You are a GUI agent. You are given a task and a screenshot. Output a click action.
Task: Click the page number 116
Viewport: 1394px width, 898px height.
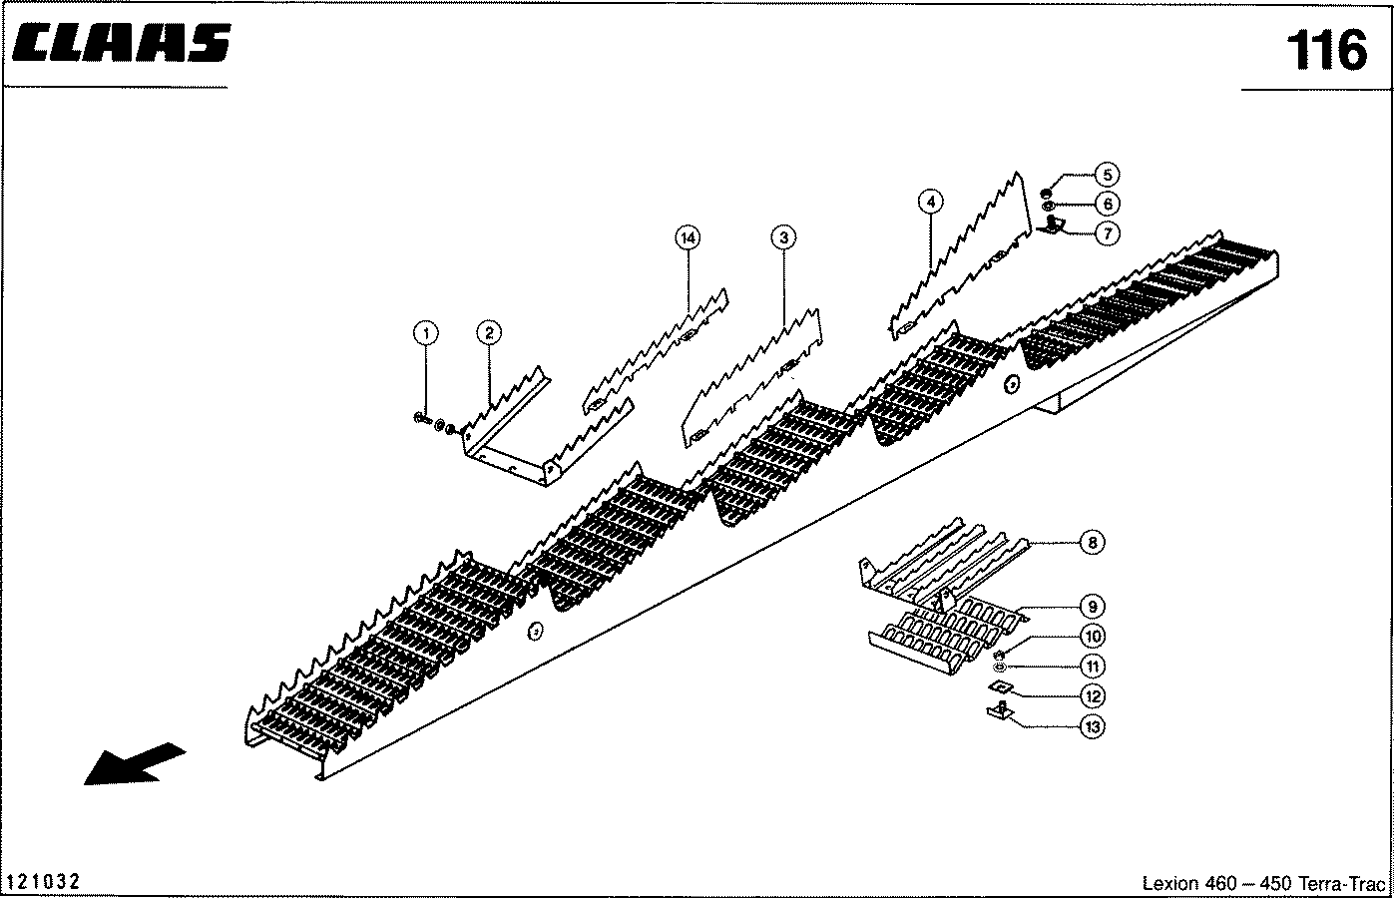[x=1325, y=50]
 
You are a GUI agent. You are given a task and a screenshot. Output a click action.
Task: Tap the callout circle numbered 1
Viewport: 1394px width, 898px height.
[x=426, y=333]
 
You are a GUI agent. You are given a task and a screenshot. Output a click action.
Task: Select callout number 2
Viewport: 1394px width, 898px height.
[x=488, y=333]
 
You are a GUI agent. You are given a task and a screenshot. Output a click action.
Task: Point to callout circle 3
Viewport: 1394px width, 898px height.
[x=783, y=237]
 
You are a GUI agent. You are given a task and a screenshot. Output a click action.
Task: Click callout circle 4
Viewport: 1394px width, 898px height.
[x=930, y=202]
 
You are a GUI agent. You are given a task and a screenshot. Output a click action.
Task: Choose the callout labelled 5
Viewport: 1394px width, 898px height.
[x=1106, y=175]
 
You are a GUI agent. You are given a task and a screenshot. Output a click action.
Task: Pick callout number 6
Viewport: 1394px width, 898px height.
[x=1106, y=204]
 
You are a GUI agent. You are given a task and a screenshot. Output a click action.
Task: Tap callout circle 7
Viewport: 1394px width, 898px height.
[x=1106, y=233]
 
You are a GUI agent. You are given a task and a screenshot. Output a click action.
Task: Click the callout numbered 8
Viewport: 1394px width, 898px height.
[x=1092, y=543]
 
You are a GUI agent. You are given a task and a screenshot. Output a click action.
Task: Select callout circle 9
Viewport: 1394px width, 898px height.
[x=1092, y=607]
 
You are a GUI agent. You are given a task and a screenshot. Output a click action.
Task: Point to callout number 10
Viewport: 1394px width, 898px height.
[x=1092, y=636]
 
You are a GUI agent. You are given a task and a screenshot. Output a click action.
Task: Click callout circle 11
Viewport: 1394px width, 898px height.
[x=1092, y=667]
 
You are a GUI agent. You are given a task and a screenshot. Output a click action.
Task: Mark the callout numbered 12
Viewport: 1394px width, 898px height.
[x=1092, y=696]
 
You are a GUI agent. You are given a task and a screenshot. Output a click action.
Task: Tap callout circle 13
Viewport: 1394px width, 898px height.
[x=1092, y=727]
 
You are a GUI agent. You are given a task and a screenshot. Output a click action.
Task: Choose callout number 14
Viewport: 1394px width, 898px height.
[x=687, y=237]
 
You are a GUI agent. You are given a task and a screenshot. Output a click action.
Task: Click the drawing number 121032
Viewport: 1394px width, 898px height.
[x=43, y=882]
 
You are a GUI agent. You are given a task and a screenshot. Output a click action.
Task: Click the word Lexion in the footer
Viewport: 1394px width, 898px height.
[x=1168, y=884]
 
